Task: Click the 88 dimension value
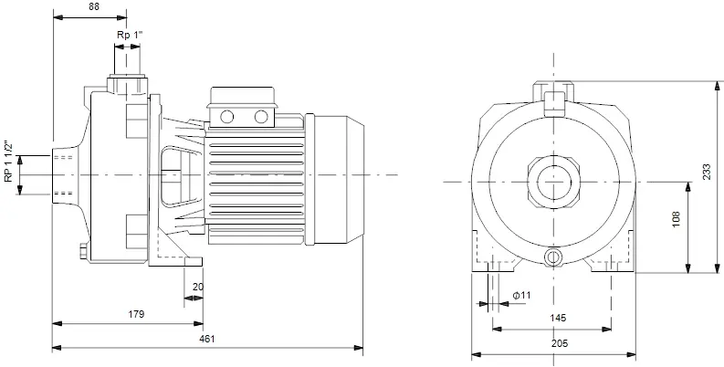(x=93, y=6)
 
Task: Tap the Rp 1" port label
(x=130, y=35)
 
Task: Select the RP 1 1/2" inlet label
(x=8, y=162)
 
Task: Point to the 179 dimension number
(x=136, y=314)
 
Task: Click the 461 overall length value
(x=207, y=339)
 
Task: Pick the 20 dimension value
(x=197, y=287)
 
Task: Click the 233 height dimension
(x=707, y=173)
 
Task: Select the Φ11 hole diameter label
(x=522, y=295)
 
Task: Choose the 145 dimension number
(x=558, y=318)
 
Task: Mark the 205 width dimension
(x=559, y=343)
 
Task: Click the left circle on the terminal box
(x=226, y=117)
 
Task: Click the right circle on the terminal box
(x=261, y=117)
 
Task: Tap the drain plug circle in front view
(x=553, y=257)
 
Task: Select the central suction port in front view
(x=553, y=182)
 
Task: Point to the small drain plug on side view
(x=84, y=252)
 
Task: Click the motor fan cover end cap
(x=339, y=180)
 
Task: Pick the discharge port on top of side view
(x=128, y=85)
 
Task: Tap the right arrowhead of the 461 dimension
(x=358, y=348)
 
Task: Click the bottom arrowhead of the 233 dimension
(x=716, y=267)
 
